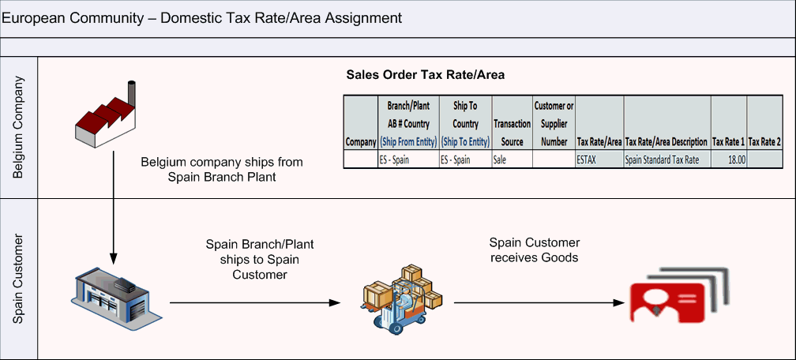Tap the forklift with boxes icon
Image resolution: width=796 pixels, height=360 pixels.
[x=398, y=297]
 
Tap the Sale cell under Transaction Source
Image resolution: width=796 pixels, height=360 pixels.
[x=512, y=159]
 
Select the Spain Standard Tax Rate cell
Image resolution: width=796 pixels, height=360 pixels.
[x=666, y=159]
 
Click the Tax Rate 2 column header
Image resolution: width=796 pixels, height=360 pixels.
[x=764, y=142]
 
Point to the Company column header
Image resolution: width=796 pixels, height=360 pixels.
[x=360, y=142]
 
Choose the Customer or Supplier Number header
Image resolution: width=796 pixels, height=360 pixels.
[x=554, y=123]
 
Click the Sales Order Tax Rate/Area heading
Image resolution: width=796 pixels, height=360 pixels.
[x=426, y=75]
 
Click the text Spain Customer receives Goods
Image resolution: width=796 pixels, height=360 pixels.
[x=535, y=250]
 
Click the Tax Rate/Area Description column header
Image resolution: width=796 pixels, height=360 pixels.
[x=666, y=142]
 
